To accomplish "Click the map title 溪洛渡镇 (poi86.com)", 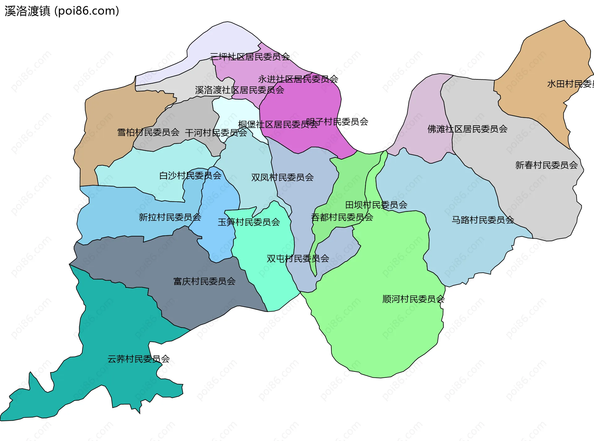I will coord(62,11).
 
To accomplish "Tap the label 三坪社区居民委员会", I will coord(250,57).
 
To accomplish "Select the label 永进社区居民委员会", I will coord(298,79).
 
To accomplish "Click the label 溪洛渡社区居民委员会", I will coord(239,90).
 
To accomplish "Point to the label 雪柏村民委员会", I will coord(148,132).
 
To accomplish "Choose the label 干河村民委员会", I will coord(216,133).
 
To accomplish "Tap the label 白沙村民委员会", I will coord(190,176).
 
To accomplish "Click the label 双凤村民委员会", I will coord(282,178).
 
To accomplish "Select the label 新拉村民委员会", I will coord(170,217).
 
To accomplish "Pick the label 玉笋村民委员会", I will coord(249,222).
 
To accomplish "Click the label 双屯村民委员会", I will coord(298,259).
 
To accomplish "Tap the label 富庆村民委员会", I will coord(204,282).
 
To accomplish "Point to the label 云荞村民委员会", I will coord(139,359).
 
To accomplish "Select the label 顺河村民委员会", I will coord(413,299).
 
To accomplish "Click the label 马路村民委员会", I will coord(483,220).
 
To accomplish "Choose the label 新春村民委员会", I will coord(546,166).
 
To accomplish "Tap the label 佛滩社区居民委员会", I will coord(467,129).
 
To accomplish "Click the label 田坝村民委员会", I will coord(376,205).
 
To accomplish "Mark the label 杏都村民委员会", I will coord(342,217).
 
